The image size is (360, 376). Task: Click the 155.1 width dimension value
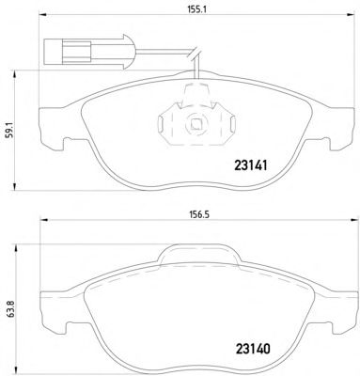click(x=196, y=9)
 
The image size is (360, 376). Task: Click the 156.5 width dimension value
click(x=198, y=214)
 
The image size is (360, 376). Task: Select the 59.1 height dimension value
click(x=11, y=131)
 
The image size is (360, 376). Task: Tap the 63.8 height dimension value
click(x=11, y=310)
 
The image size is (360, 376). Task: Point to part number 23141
click(x=251, y=165)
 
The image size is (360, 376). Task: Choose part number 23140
click(x=253, y=349)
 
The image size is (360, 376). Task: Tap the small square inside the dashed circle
click(x=196, y=124)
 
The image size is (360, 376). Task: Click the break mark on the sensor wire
click(x=195, y=54)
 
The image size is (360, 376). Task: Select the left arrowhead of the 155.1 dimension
click(x=42, y=15)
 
